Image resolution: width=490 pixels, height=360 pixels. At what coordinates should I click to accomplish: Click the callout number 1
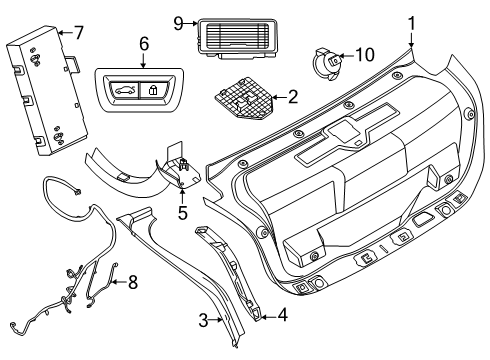click(410, 20)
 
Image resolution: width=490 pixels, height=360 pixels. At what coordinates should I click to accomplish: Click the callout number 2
click(291, 98)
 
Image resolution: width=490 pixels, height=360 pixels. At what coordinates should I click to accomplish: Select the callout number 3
click(203, 320)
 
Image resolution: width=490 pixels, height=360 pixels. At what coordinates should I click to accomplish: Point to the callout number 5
click(182, 212)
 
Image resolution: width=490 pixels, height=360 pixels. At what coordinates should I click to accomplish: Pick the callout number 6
click(144, 45)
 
